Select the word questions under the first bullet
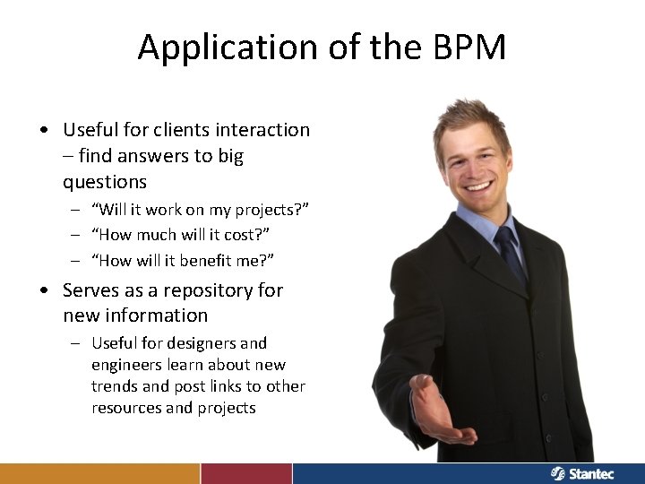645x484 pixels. pos(105,182)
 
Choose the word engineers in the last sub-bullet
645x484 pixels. pos(132,365)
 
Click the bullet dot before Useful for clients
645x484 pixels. pos(44,130)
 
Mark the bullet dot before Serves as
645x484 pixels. pos(44,290)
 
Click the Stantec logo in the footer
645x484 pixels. pos(582,473)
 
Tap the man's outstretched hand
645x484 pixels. pos(438,413)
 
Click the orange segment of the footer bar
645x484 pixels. pos(99,473)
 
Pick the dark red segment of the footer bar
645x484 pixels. pos(246,473)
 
